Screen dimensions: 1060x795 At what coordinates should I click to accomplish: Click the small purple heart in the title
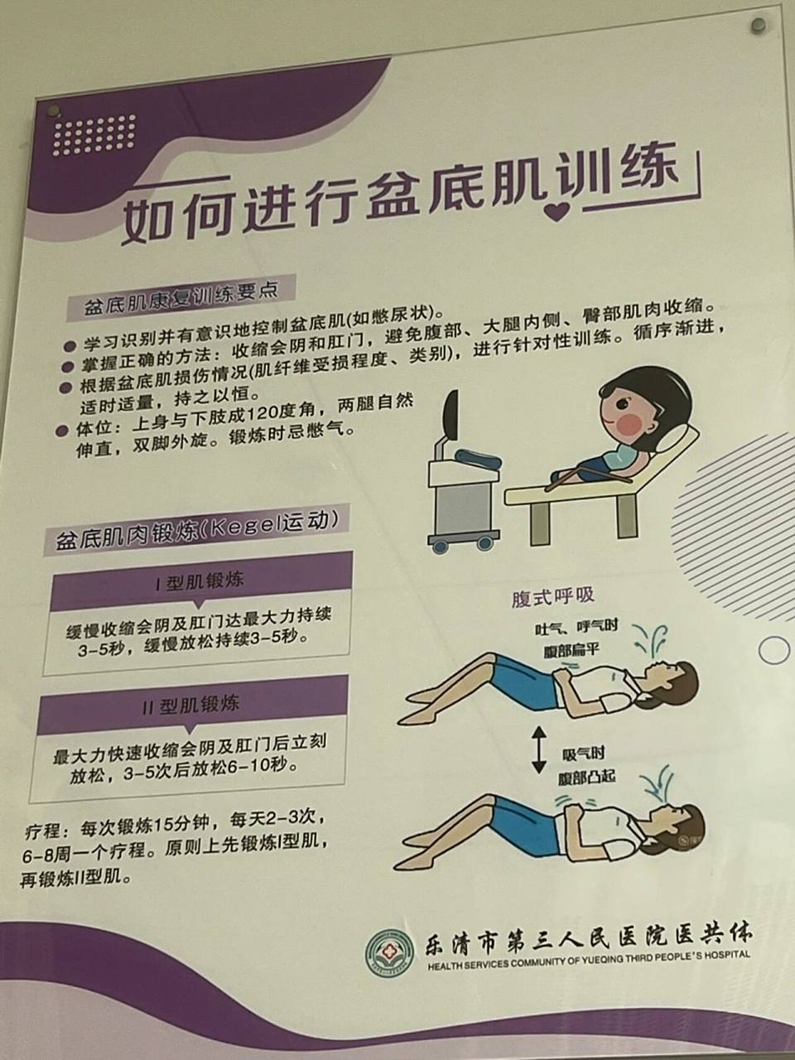point(561,210)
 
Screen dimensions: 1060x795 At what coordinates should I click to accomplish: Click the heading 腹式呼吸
point(553,597)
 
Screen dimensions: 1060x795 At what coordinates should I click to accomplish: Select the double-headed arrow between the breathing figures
point(540,748)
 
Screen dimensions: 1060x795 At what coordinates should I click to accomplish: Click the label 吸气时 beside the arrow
point(584,754)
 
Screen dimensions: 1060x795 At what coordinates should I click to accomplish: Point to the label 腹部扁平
point(571,650)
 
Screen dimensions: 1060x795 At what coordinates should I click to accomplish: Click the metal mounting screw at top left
point(53,109)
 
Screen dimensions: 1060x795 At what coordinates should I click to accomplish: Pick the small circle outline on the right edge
point(774,651)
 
